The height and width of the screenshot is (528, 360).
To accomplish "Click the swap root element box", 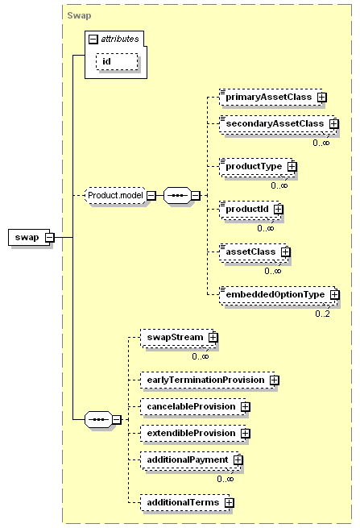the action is [x=29, y=237].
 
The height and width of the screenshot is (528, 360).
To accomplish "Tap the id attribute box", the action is [x=117, y=61].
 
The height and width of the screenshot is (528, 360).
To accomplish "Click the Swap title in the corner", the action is [x=79, y=15].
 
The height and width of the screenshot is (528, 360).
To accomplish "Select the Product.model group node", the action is [x=115, y=195].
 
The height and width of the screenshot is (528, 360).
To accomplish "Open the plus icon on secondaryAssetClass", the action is [x=333, y=124].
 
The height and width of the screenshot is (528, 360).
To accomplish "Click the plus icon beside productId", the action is [x=278, y=210].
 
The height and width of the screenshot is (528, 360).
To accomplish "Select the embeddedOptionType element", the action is [x=278, y=295].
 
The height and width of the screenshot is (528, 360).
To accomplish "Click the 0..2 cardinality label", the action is [x=322, y=314].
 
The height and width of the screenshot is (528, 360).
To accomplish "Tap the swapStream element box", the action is [x=177, y=338].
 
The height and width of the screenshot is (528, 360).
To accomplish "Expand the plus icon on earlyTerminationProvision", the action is [x=275, y=380].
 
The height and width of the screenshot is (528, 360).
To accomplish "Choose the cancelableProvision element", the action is [x=193, y=407].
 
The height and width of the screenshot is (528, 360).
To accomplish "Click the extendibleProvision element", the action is [x=193, y=434].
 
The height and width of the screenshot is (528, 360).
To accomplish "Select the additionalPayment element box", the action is [x=190, y=460].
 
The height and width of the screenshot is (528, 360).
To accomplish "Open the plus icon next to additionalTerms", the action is [x=229, y=503].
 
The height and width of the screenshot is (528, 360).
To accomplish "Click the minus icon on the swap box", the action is [x=49, y=237].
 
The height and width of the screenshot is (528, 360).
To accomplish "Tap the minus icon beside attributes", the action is [x=93, y=39].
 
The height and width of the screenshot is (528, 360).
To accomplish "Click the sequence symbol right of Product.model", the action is [x=178, y=196].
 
